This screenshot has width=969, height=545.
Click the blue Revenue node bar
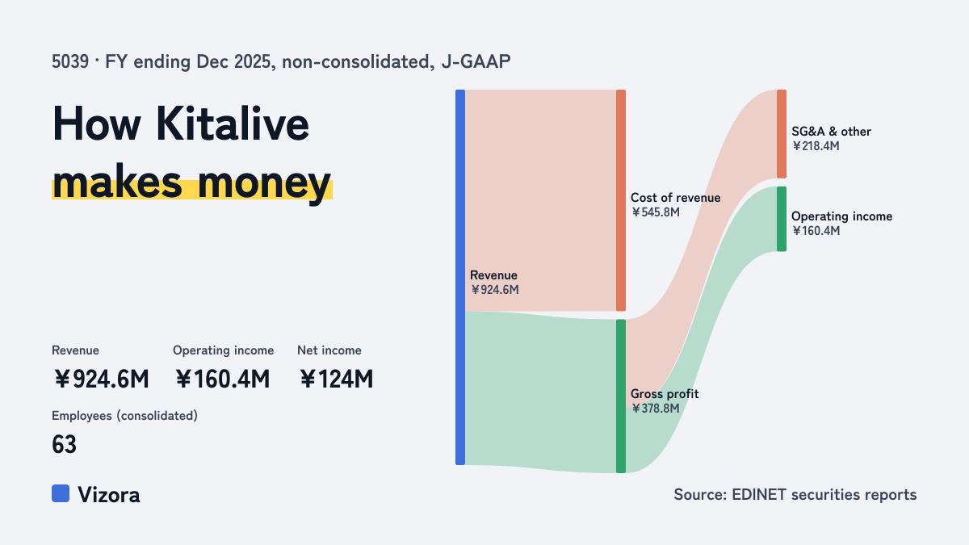pos(460,277)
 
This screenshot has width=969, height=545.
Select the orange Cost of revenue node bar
pos(621,200)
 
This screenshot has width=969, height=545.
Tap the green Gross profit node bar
pos(621,396)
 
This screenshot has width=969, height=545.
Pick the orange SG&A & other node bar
pos(782,134)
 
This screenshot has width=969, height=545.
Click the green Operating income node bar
pos(782,219)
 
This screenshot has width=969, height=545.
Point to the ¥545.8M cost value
pos(656,212)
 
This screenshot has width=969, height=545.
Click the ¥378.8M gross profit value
pos(656,409)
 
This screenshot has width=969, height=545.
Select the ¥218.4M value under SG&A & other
pos(816,146)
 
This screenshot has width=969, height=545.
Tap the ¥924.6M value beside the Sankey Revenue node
pos(494,290)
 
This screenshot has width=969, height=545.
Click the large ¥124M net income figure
pos(336,379)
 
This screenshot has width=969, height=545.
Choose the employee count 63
pos(64,445)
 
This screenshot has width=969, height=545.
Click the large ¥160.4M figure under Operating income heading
pos(222,379)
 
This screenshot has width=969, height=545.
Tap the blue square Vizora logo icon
pos(61,493)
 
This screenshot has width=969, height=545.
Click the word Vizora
pos(108,495)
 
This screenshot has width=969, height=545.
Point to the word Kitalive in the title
pos(233,124)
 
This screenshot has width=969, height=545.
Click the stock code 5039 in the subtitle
pos(70,62)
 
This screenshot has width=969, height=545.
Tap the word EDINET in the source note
pos(759,494)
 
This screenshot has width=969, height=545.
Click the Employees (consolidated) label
pos(124,416)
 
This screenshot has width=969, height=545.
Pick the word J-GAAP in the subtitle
pos(476,62)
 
